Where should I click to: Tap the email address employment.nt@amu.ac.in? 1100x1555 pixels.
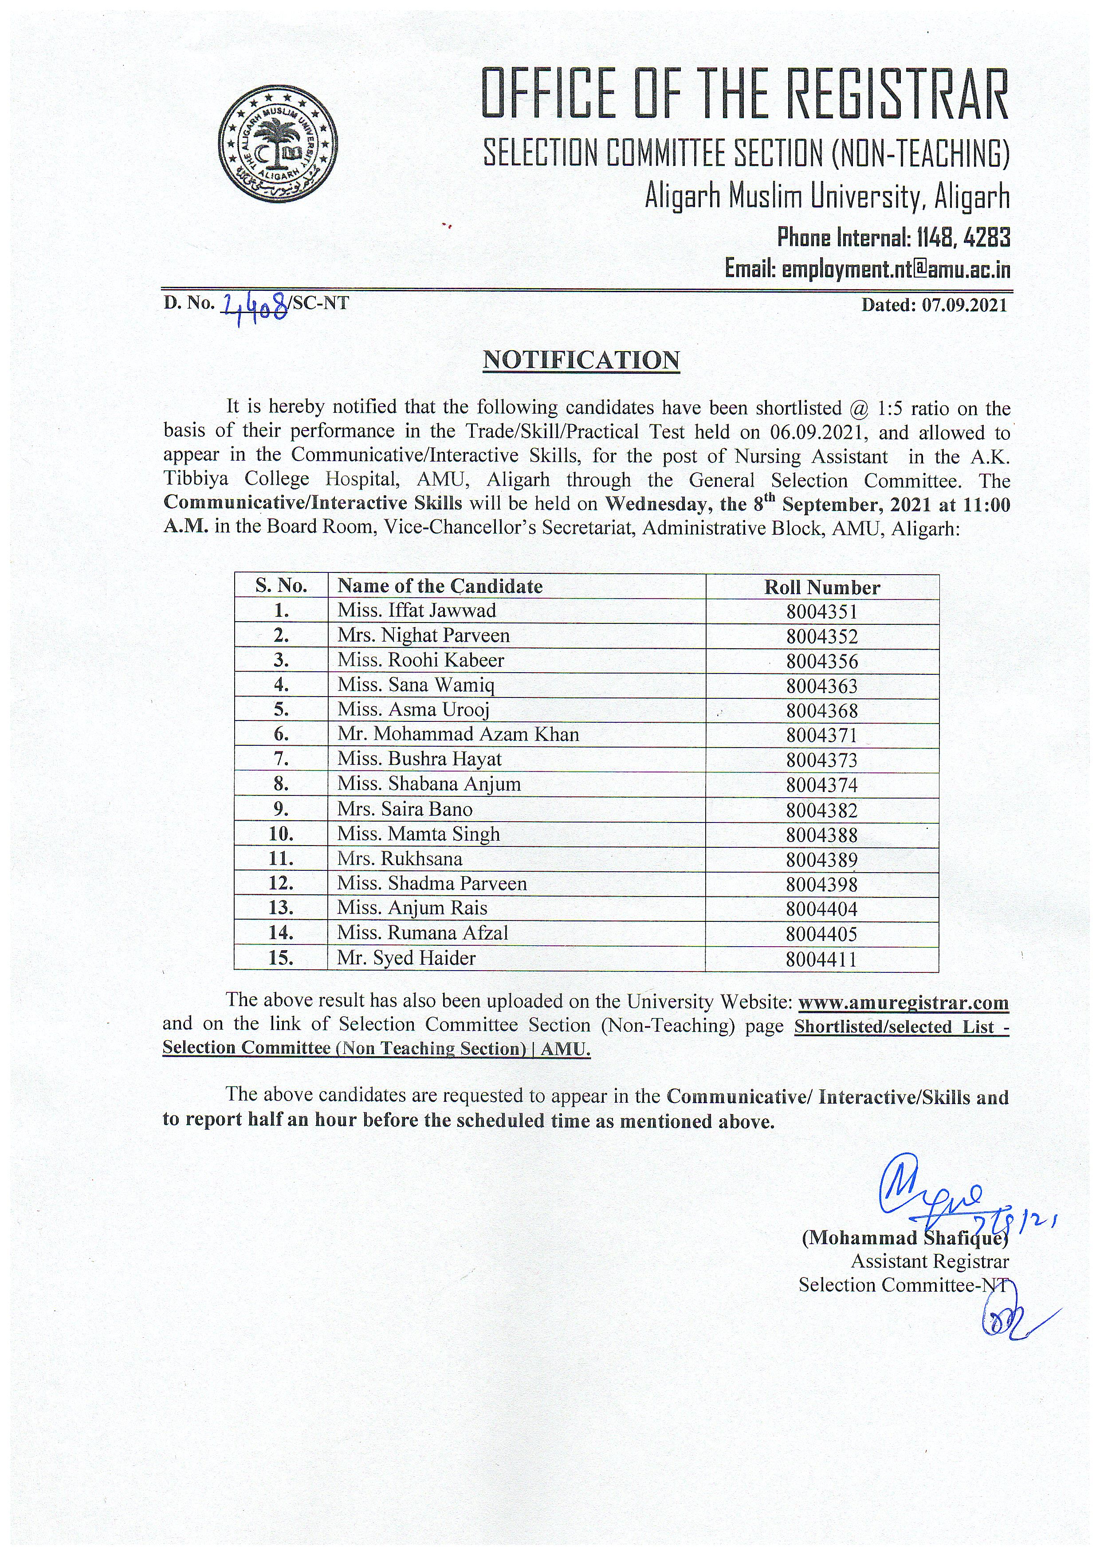pos(896,270)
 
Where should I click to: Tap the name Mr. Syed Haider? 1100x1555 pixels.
pos(406,958)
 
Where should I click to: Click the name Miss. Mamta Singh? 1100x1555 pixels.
pos(419,834)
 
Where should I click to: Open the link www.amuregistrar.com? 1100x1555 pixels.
pos(904,1003)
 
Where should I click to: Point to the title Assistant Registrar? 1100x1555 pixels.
pos(929,1262)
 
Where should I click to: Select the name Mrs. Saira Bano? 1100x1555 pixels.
pos(405,809)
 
